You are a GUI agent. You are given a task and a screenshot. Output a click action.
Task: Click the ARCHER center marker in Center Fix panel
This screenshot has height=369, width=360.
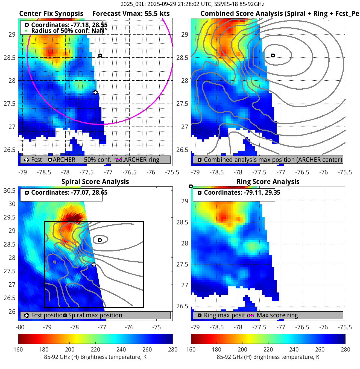coord(100,55)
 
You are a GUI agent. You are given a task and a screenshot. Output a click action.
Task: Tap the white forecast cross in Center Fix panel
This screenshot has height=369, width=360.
coord(95,92)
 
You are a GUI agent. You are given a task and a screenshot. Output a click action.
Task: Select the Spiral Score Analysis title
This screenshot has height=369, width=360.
coord(95,182)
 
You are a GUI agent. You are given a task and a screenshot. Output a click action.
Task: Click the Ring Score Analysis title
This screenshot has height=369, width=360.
coord(268,182)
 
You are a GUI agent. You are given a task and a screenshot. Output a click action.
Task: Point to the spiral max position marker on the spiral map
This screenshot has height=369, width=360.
coord(100,240)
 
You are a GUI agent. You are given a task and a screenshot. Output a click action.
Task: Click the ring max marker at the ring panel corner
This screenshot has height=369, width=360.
coord(191,186)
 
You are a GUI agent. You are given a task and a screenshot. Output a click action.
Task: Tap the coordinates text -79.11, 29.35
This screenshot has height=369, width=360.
coord(242,193)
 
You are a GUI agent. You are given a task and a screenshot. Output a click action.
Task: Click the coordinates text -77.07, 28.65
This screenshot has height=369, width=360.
coord(69,193)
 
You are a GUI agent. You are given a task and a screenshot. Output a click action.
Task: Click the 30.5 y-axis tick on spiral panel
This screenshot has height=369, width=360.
coord(10,191)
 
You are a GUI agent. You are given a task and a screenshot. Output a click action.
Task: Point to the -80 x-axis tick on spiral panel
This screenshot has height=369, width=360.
coord(20,327)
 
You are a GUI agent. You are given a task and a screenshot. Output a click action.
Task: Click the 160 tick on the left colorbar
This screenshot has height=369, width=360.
coord(18,350)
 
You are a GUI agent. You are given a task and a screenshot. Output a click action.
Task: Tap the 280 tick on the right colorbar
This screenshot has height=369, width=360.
coord(345,350)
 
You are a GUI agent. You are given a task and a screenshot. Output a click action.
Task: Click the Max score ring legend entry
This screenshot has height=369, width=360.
coord(277,315)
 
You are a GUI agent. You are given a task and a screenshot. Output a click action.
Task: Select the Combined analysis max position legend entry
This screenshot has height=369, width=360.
coord(273,160)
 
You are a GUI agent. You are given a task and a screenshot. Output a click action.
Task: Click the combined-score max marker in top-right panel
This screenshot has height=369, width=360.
coord(273,55)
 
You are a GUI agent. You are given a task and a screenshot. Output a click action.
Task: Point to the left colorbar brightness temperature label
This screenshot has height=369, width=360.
coord(95,357)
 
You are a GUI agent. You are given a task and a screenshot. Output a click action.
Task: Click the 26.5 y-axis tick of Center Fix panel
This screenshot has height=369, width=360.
coord(10,150)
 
